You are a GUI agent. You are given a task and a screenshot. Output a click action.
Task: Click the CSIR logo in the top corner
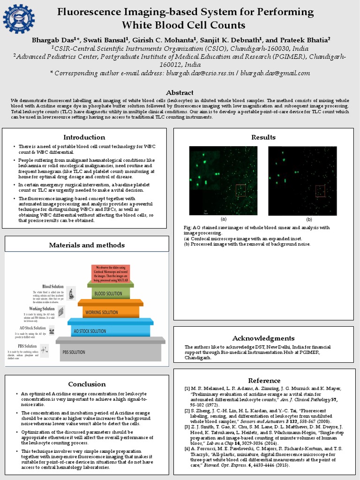point(19,19)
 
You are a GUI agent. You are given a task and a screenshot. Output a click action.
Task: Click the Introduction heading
point(84,137)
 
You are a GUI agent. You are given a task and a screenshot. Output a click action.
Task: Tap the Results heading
point(263,137)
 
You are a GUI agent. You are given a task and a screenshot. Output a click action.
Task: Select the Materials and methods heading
point(87,245)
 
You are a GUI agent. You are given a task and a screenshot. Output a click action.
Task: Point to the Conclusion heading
point(87,384)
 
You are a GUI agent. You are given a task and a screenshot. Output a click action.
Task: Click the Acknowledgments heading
point(263,338)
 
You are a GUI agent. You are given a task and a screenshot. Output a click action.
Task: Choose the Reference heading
point(264,380)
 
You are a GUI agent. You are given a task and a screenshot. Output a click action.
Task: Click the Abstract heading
point(180,92)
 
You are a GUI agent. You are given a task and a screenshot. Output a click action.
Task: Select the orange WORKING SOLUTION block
point(110,312)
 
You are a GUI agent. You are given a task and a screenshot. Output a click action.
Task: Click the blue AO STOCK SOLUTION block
point(111,330)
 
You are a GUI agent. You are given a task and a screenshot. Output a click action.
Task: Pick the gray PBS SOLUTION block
point(111,351)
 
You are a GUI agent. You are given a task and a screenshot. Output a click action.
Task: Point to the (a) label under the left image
point(224,219)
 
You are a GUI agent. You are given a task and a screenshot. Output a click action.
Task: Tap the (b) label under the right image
point(309,219)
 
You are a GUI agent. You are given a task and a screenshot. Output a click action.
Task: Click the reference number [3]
point(187,427)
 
